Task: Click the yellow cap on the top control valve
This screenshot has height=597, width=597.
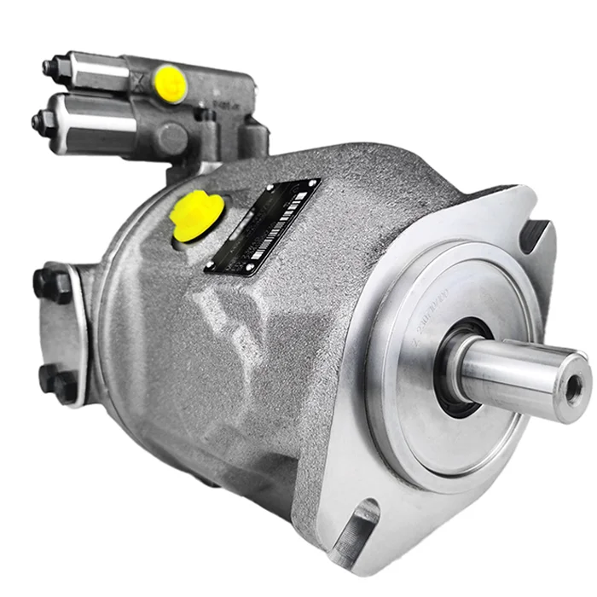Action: pyautogui.click(x=170, y=83)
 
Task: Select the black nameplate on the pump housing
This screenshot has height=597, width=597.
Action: pyautogui.click(x=263, y=227)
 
